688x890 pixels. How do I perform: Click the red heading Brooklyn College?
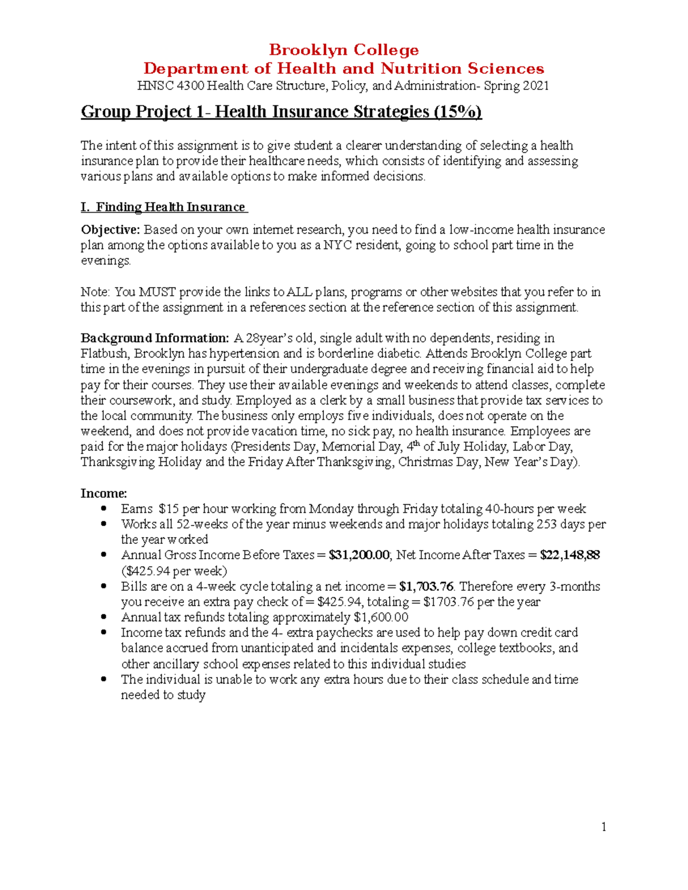coord(343,50)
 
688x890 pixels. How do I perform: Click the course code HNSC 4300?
coord(170,86)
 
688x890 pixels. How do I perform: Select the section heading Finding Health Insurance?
coord(170,207)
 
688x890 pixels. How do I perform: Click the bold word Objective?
coord(110,230)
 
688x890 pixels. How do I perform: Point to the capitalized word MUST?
coord(158,292)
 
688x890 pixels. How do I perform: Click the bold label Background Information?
coord(155,338)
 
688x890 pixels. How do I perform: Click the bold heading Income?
coord(104,493)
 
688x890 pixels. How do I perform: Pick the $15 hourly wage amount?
coord(169,509)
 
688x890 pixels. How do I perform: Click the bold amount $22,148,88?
coord(570,555)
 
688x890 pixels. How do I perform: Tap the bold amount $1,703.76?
coord(426,587)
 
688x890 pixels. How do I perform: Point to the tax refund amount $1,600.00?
coord(381,618)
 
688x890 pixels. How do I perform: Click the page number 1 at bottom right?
coord(603,826)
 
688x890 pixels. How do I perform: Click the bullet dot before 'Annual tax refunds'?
coord(104,617)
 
